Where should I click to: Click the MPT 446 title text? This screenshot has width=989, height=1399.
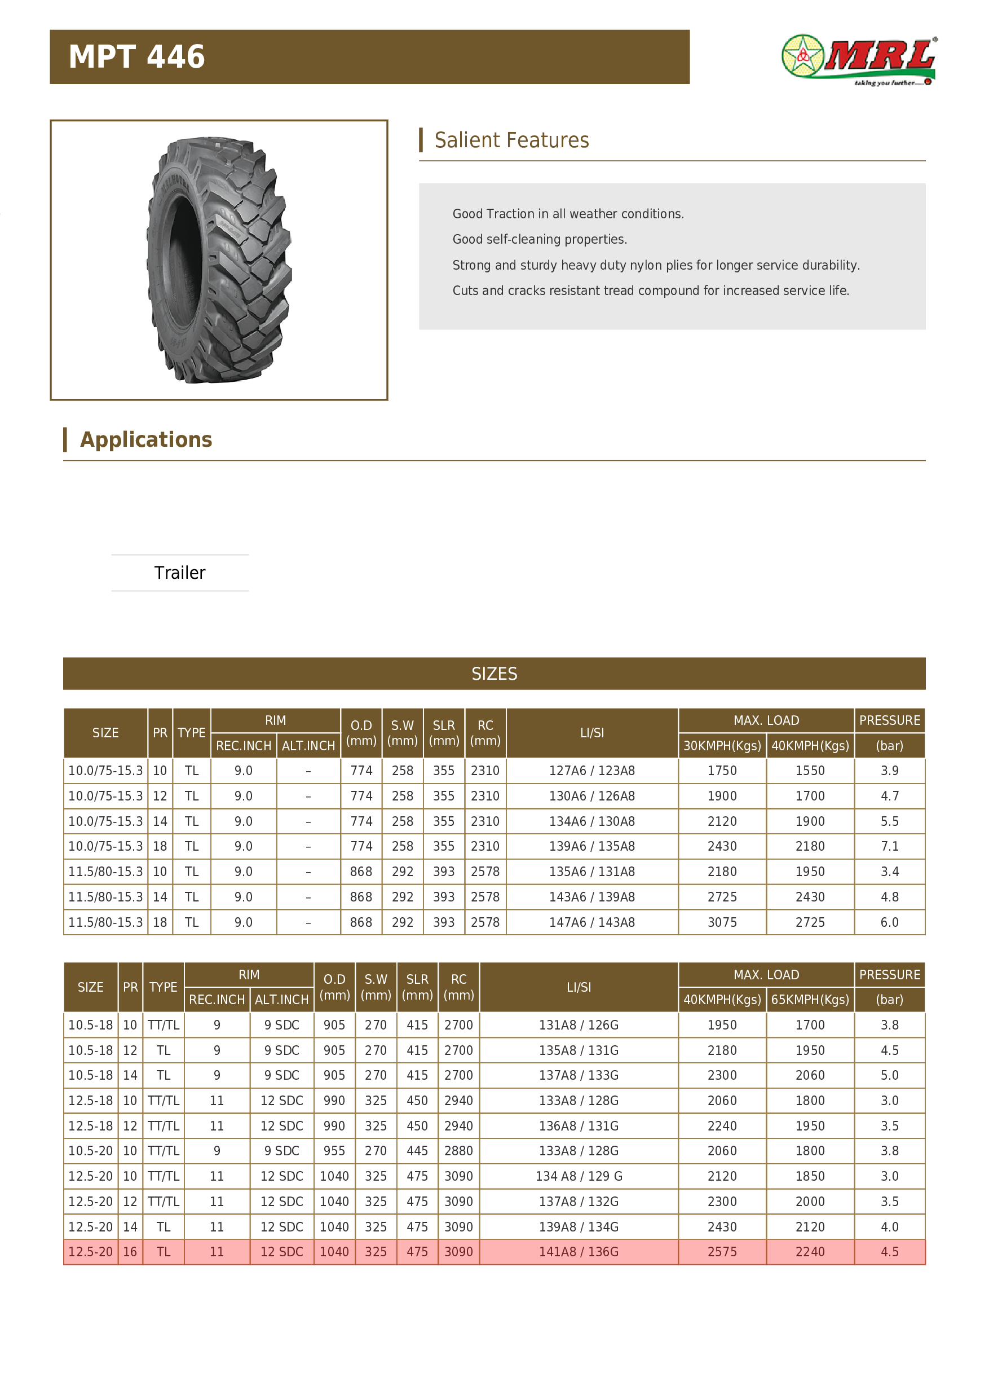click(x=136, y=56)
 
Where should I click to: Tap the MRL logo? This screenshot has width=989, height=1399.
click(x=858, y=59)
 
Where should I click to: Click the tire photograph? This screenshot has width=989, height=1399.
click(x=219, y=260)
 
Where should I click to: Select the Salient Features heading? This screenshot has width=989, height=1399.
click(x=511, y=140)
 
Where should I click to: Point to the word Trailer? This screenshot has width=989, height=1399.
click(x=180, y=573)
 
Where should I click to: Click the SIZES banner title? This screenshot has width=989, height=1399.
click(x=494, y=674)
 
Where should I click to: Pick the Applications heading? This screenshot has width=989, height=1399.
click(x=146, y=439)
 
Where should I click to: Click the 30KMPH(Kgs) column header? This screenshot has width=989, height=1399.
click(x=722, y=746)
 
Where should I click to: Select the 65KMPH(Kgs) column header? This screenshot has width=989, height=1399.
click(x=809, y=1000)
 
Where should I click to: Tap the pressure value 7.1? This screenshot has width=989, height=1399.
click(x=889, y=846)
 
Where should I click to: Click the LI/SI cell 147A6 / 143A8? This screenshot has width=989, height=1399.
click(x=591, y=922)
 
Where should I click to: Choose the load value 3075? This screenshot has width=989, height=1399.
click(x=722, y=922)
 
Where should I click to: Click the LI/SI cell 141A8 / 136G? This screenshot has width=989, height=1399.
click(x=579, y=1252)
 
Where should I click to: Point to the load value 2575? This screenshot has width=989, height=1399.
click(x=722, y=1252)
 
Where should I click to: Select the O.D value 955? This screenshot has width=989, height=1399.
click(x=334, y=1151)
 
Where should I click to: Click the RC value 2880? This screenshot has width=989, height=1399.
click(x=458, y=1151)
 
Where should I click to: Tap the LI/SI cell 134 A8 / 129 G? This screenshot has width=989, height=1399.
click(x=579, y=1177)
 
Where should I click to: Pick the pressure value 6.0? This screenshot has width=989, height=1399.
click(x=889, y=922)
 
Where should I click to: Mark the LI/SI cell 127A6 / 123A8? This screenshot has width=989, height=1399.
click(x=591, y=771)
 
